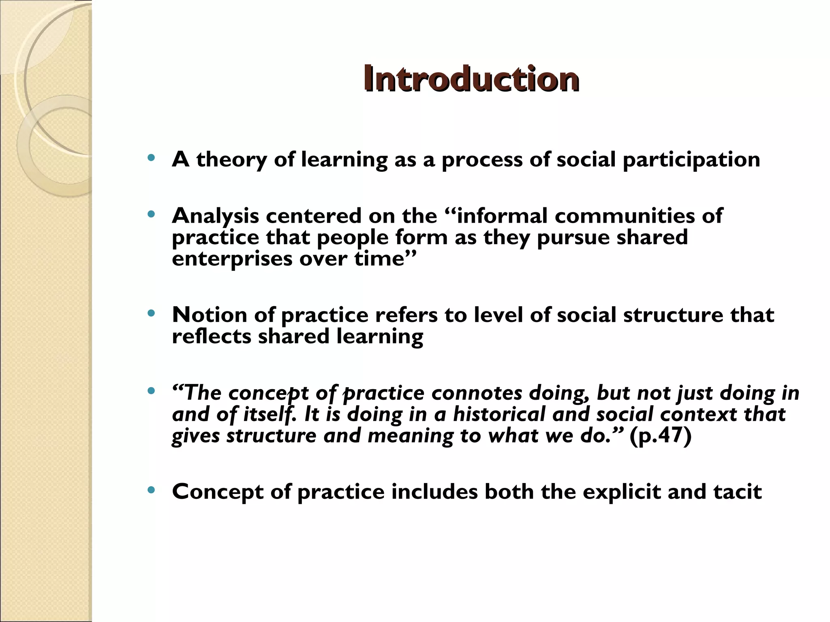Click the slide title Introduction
tap(471, 79)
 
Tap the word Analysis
tap(215, 216)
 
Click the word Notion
tap(209, 315)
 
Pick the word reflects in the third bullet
tap(212, 337)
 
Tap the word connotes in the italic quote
tap(477, 393)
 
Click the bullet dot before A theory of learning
tap(152, 158)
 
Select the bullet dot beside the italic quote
tap(152, 391)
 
